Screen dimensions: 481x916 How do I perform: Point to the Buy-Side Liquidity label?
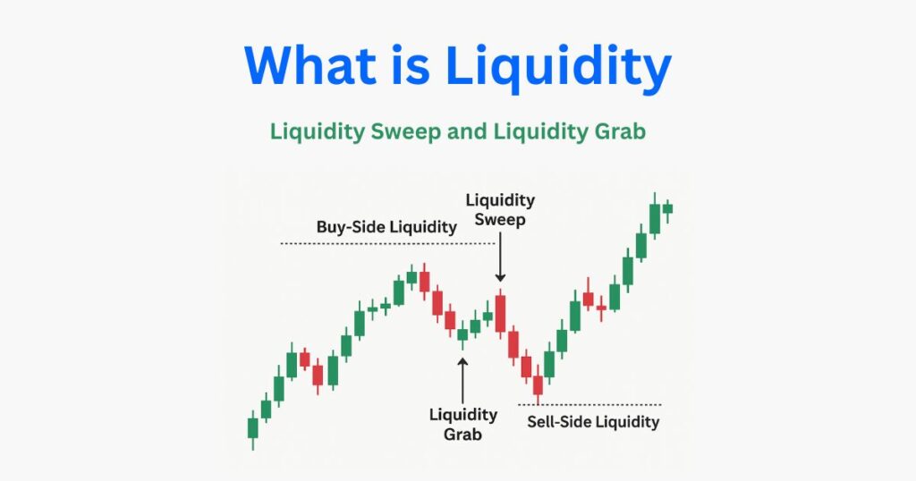386,227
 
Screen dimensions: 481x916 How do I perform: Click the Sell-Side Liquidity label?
592,421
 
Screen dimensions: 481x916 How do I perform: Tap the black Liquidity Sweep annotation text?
499,208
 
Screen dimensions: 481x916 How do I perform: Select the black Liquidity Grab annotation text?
462,425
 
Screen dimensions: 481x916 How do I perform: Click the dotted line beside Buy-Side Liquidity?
386,243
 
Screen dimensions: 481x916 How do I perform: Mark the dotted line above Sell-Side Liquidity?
590,405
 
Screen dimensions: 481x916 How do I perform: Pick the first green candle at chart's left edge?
252,427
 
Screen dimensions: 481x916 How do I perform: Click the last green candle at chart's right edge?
667,208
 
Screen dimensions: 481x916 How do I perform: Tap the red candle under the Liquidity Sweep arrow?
500,313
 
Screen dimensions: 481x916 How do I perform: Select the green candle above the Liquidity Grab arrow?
462,335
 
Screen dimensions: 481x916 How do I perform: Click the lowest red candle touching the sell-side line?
538,384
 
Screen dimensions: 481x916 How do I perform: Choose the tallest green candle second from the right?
655,218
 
